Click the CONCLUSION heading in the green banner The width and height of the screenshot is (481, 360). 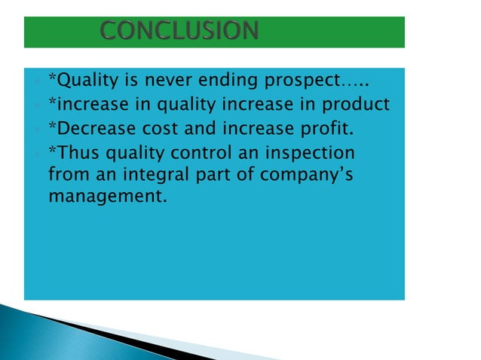coord(179,32)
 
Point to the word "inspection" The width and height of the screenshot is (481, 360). coord(311,154)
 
